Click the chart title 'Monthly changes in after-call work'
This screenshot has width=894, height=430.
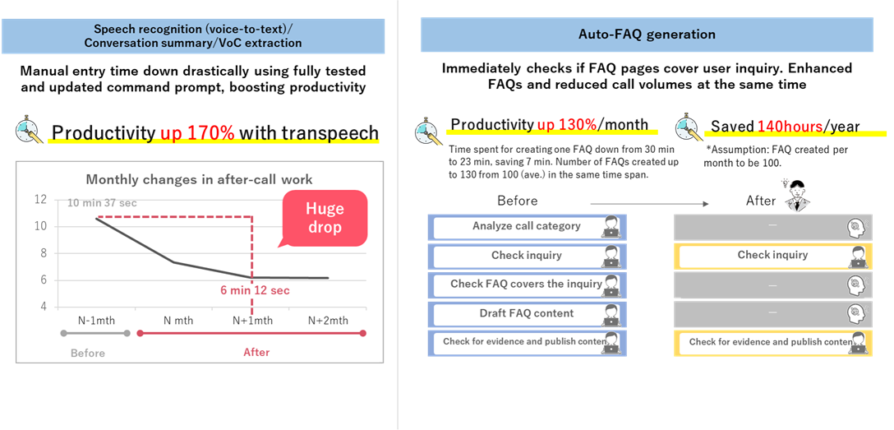(200, 179)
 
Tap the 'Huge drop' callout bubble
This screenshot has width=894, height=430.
(324, 218)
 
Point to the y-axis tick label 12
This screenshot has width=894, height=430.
(40, 200)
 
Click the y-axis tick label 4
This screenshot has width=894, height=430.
(43, 307)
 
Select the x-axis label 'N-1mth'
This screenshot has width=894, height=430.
(96, 320)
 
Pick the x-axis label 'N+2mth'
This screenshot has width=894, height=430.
(328, 320)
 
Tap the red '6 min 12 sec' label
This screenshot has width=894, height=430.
(254, 290)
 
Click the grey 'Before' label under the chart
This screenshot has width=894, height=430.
(88, 353)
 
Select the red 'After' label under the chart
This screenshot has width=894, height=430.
(256, 353)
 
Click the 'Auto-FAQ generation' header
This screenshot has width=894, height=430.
(647, 35)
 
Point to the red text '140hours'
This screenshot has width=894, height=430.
(790, 126)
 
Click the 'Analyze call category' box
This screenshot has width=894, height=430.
(527, 227)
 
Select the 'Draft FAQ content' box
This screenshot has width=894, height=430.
(527, 313)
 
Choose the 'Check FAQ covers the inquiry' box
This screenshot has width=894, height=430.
(527, 284)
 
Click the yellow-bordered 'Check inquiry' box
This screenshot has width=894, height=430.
(772, 256)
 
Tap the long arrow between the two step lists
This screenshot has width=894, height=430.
(648, 203)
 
